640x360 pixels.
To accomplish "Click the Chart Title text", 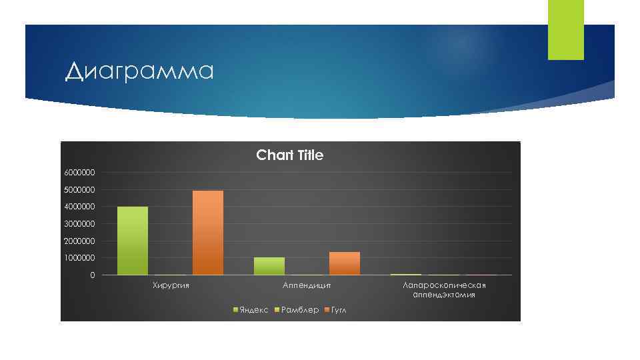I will (289, 155).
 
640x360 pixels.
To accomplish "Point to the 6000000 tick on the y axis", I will (79, 173).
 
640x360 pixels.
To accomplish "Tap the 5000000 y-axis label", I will (79, 190).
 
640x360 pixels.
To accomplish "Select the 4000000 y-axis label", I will (79, 207).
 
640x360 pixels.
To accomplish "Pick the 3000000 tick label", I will (79, 224).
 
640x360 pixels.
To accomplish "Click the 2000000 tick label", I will (79, 241).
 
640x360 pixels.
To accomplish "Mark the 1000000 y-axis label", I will (79, 258).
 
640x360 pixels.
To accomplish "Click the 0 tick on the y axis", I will (93, 275).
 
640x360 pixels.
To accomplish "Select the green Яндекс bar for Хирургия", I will (133, 241).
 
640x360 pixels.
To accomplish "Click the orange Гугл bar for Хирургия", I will (208, 233).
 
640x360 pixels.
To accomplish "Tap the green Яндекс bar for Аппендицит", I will (269, 266).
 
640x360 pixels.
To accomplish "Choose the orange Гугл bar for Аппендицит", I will (345, 263).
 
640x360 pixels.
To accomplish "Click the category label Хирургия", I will (171, 286).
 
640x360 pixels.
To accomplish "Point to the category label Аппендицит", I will (307, 286).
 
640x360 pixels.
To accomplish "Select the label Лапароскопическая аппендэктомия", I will (444, 290).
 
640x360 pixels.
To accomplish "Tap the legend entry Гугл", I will (339, 310).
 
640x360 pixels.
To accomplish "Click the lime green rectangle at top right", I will (565, 29).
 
